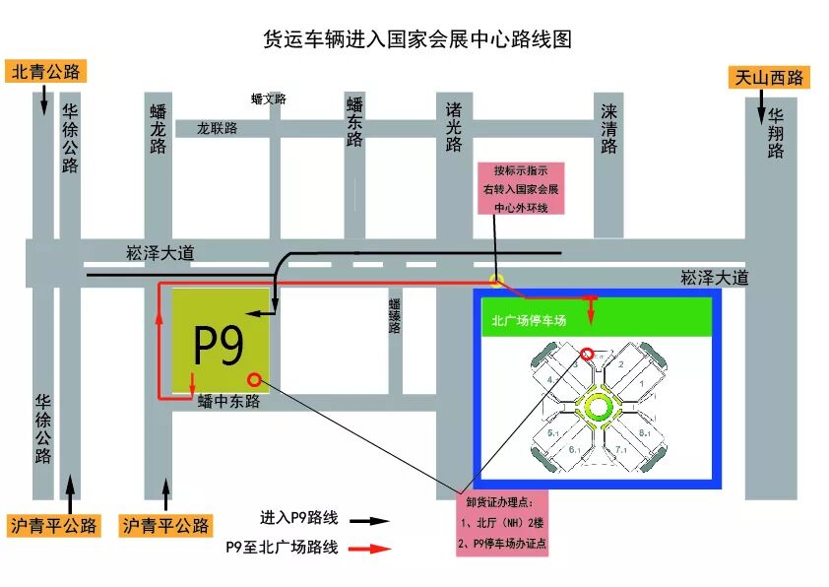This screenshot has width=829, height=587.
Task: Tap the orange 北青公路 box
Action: pyautogui.click(x=46, y=72)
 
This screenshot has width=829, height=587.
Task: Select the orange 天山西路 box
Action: pyautogui.click(x=770, y=77)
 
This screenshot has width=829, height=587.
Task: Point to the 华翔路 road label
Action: pyautogui.click(x=776, y=133)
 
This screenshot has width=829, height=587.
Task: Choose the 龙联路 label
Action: pyautogui.click(x=218, y=128)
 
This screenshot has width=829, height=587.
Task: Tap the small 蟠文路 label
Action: pyautogui.click(x=268, y=98)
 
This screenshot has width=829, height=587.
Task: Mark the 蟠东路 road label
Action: pyautogui.click(x=354, y=121)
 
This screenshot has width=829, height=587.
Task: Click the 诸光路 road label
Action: pyautogui.click(x=453, y=126)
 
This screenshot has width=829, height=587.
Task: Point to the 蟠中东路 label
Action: pyautogui.click(x=227, y=401)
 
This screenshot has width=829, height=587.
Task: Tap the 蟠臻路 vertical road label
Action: pyautogui.click(x=394, y=315)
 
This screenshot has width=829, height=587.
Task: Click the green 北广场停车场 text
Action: pyautogui.click(x=529, y=320)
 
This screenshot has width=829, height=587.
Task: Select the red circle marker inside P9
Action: pyautogui.click(x=255, y=379)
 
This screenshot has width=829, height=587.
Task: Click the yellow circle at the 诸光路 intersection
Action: pyautogui.click(x=498, y=280)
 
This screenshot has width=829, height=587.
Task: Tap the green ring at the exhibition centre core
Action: pyautogui.click(x=598, y=406)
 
